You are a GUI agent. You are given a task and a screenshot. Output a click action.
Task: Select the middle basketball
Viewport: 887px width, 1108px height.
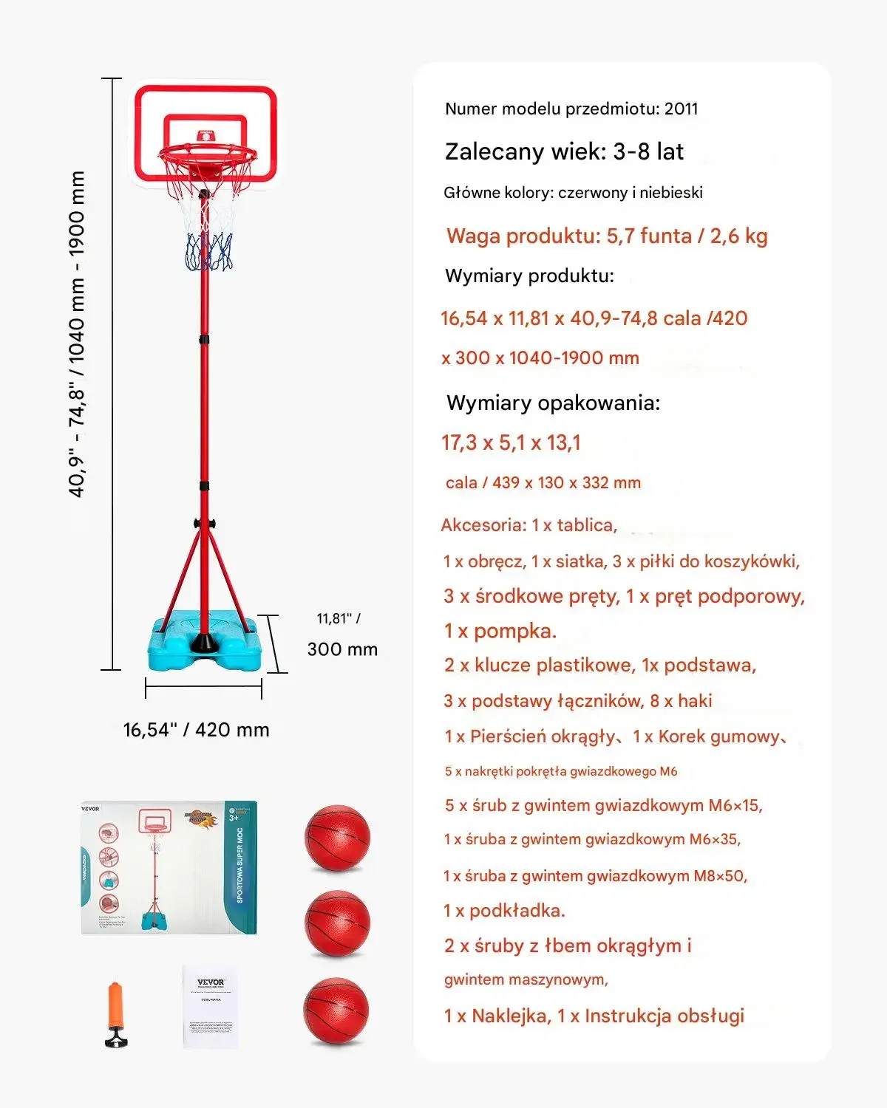coord(337,923)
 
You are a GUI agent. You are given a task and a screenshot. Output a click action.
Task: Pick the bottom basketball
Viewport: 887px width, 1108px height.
coord(336,1010)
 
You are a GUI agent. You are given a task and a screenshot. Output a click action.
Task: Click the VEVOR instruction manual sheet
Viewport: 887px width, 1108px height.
coord(211,1005)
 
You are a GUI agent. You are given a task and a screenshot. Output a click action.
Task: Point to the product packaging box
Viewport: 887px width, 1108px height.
coord(169,867)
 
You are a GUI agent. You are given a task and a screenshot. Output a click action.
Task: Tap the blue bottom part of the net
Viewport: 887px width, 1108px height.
coord(209,252)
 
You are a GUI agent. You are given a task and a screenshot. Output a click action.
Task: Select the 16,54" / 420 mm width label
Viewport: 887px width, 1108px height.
coord(196,730)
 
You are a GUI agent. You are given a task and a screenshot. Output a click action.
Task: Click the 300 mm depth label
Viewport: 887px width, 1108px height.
coord(342,649)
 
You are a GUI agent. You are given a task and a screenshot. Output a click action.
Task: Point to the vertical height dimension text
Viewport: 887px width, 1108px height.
coord(77,334)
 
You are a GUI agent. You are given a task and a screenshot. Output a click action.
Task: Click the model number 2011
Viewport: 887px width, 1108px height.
coord(681,109)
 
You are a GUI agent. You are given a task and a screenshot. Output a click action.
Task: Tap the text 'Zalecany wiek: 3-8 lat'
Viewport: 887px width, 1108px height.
coord(564,152)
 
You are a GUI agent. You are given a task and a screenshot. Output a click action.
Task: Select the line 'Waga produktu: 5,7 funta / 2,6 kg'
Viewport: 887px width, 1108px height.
coord(607,236)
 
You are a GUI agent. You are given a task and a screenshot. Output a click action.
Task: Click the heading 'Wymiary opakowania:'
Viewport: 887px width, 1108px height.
coord(553,403)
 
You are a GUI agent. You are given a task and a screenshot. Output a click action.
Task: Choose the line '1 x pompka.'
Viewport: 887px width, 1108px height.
coord(500,631)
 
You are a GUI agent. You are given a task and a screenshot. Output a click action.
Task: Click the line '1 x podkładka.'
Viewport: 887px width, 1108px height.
coord(504,911)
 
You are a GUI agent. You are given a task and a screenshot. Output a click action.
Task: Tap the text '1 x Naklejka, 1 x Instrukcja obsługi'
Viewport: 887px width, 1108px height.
coord(594,1016)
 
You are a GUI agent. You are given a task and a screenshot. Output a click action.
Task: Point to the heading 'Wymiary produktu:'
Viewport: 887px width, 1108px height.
coord(529,276)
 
